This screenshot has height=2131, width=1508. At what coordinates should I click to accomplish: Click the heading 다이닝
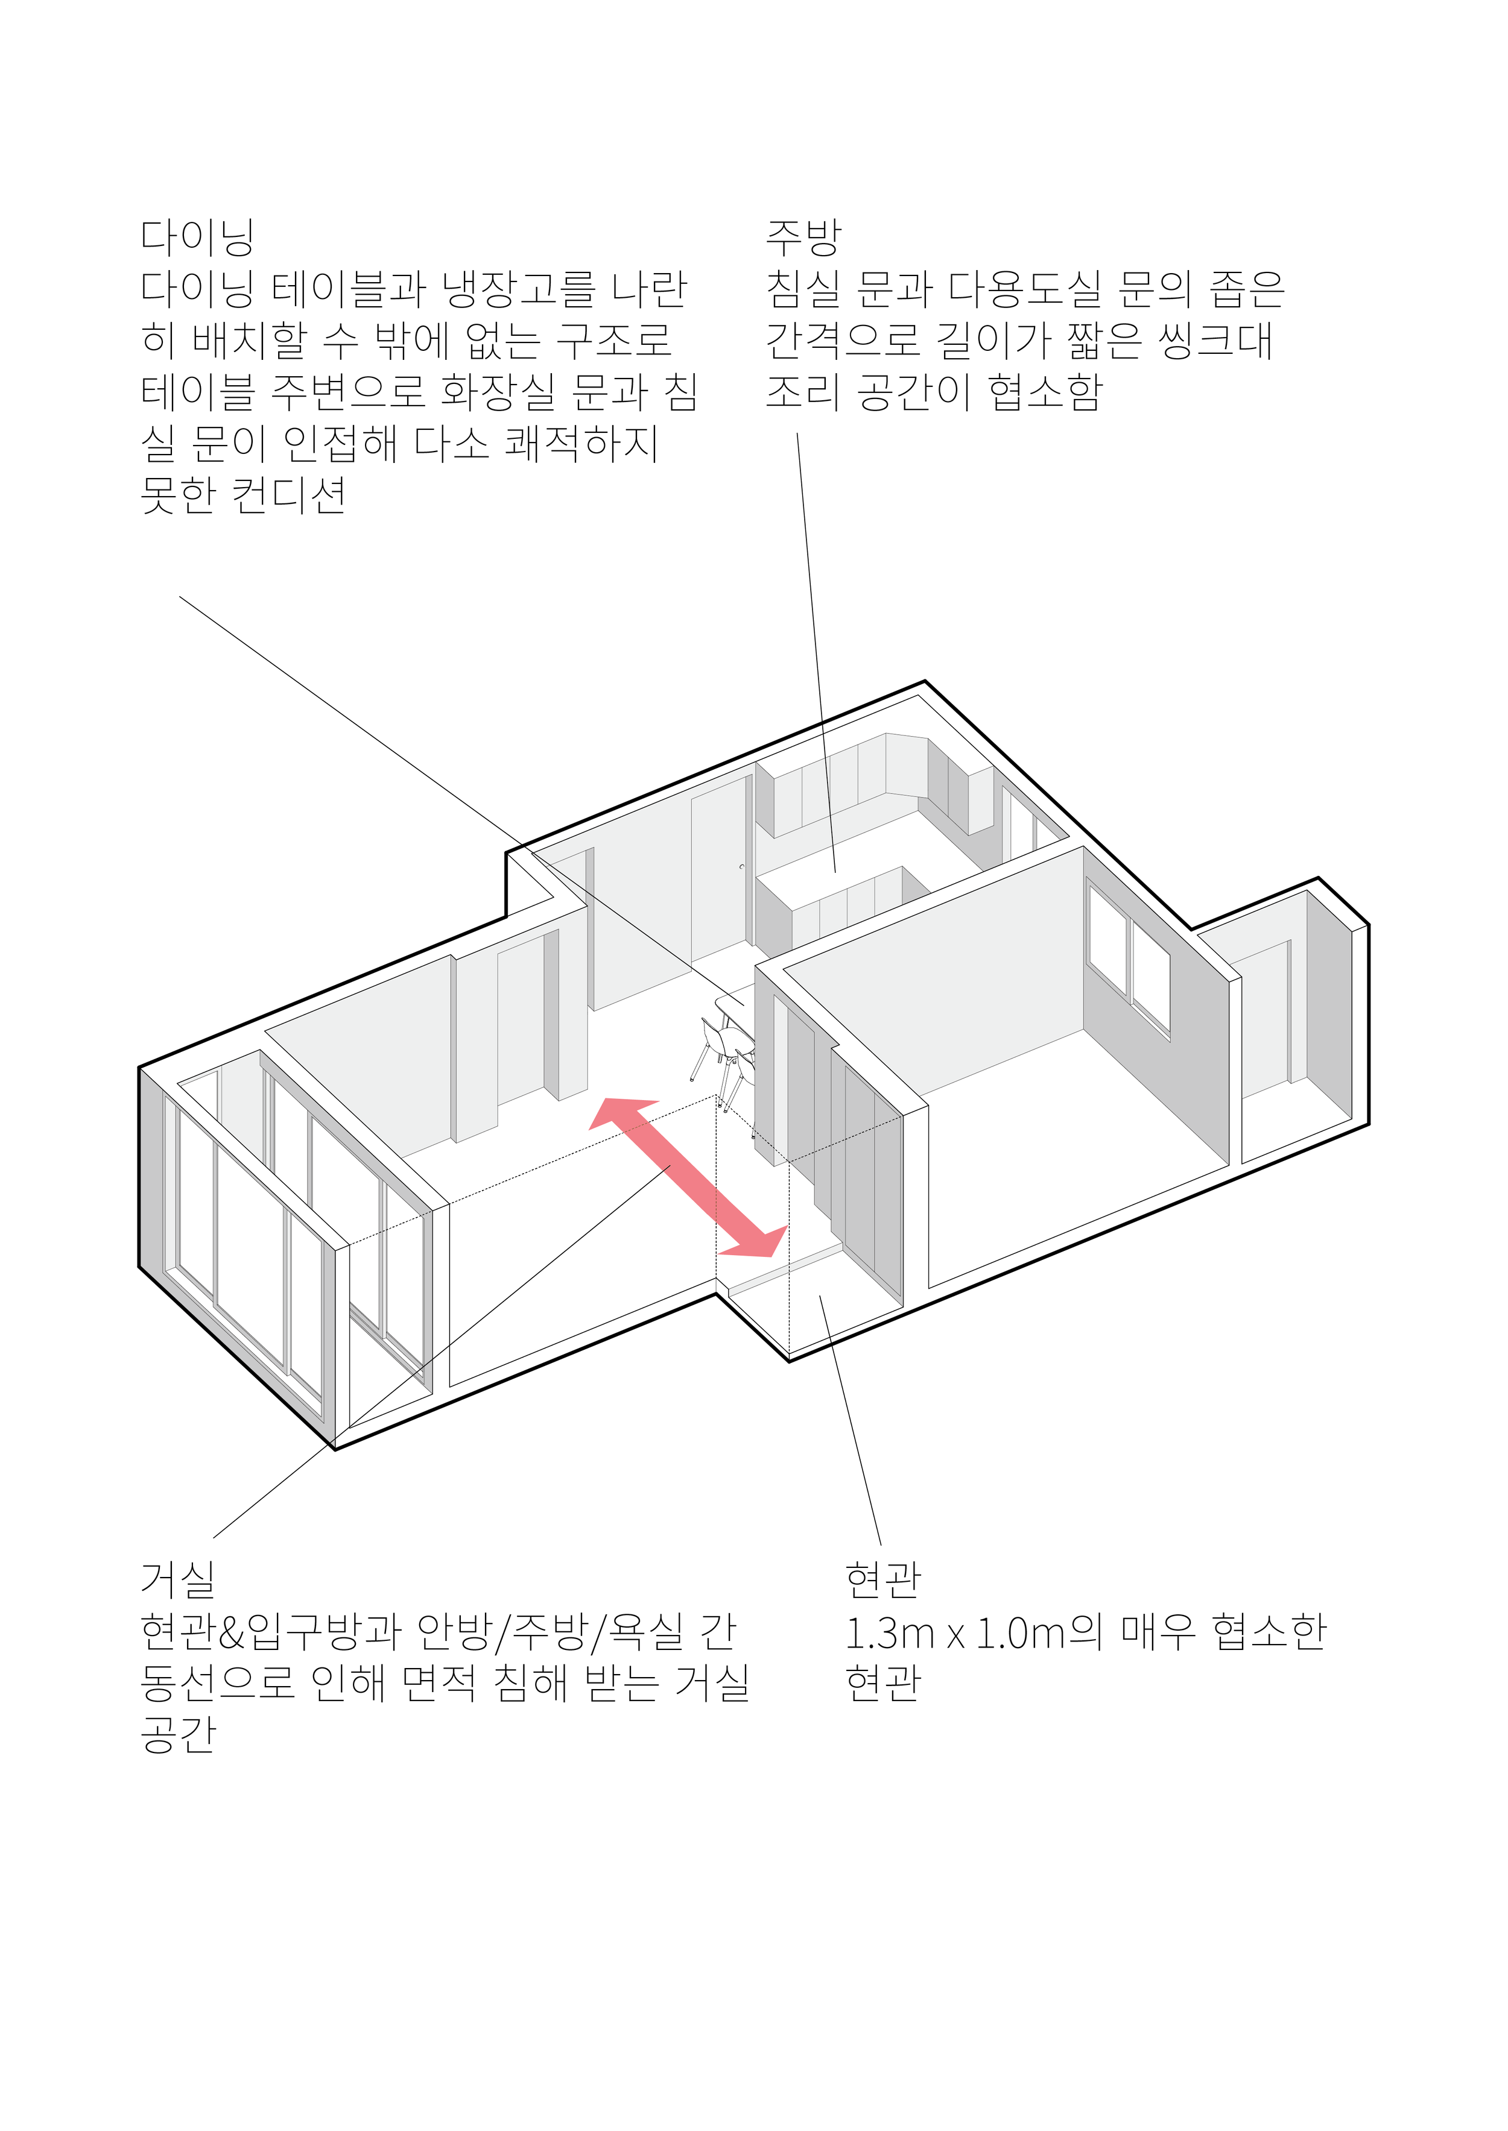[197, 237]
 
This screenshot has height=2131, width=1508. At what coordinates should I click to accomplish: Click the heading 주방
[803, 237]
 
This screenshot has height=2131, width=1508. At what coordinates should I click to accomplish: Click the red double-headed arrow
[688, 1177]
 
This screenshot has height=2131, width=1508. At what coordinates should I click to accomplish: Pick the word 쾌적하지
[581, 444]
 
